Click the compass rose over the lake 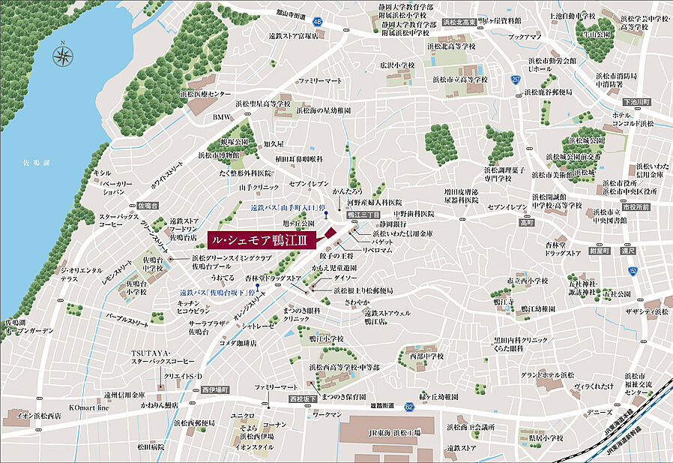(x=62, y=54)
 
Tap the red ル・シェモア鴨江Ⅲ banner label (x=262, y=239)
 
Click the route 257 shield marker (x=515, y=78)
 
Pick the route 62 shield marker (x=409, y=407)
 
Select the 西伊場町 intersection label (x=214, y=390)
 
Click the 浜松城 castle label (x=585, y=172)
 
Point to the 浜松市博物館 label (x=219, y=155)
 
